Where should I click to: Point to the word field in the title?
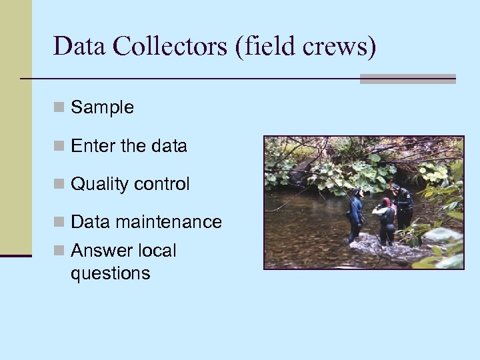click(x=273, y=46)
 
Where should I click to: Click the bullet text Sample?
click(x=102, y=107)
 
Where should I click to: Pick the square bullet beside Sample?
click(x=59, y=107)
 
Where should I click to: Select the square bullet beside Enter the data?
click(x=59, y=146)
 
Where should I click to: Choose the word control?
click(x=163, y=184)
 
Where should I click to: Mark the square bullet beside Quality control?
click(x=59, y=184)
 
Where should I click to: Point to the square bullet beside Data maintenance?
click(x=59, y=222)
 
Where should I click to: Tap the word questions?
click(x=110, y=273)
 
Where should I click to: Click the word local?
click(x=155, y=251)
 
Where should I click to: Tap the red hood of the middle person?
click(x=386, y=202)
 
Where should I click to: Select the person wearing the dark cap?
click(x=402, y=207)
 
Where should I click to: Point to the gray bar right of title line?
click(x=407, y=79)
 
